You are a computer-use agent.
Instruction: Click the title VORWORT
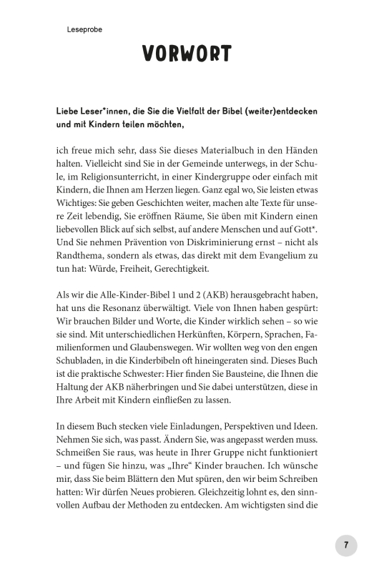pos(186,54)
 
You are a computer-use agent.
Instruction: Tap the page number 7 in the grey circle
pos(345,545)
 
